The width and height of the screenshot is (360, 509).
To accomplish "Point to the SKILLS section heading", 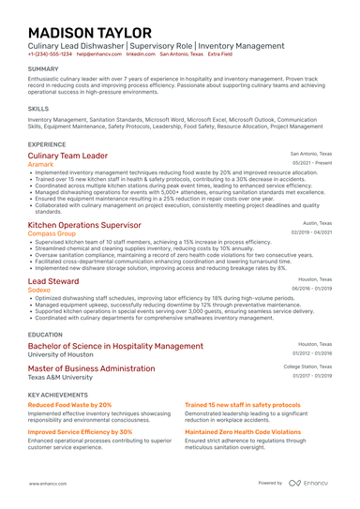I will pos(38,109).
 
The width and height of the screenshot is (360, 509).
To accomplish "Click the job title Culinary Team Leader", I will pos(67,155).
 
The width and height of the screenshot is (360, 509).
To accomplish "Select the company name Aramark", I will pos(41,164).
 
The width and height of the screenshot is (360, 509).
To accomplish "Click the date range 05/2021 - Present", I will pos(311,163).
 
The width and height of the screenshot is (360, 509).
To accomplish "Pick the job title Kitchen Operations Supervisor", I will pos(85,225).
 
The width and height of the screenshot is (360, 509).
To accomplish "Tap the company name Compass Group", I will pos(52,234).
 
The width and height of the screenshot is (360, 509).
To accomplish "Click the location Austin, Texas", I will pos(317,224).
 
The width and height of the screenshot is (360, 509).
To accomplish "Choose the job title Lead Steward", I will pos(53,280).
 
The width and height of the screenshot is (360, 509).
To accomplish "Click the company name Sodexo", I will pos(40,291).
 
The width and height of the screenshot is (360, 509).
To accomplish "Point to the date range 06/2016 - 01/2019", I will pos(310,290).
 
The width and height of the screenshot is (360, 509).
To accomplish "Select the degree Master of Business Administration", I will pos(92,368).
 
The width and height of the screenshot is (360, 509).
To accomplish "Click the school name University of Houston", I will pos(67,355).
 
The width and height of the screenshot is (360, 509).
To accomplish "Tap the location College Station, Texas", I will pos(307,367).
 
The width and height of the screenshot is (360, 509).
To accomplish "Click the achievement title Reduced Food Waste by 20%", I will pos(69,405).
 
